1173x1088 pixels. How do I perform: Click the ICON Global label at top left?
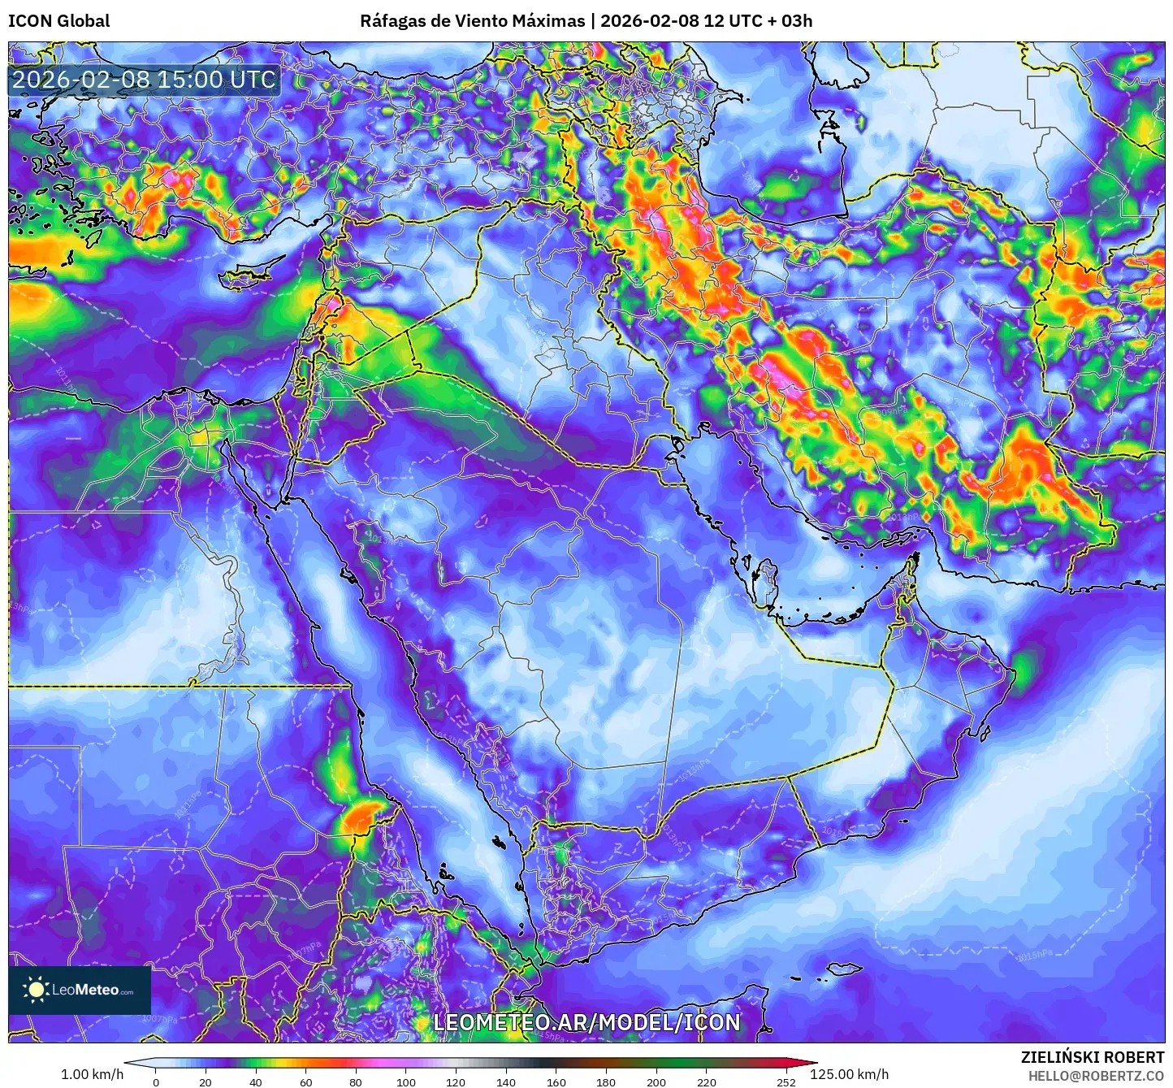coord(58,21)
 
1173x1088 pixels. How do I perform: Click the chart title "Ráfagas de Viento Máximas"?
coord(472,21)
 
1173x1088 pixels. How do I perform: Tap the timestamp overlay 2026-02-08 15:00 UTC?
coord(144,80)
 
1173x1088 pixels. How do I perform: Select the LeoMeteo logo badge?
coord(80,990)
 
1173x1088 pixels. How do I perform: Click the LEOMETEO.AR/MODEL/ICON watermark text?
coord(586,1022)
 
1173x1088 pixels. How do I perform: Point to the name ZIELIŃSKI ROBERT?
coord(1092,1057)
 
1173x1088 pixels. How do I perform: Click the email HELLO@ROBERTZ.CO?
coord(1096,1076)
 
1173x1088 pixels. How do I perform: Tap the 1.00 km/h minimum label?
coord(93,1074)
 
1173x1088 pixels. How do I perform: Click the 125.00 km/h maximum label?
coord(849,1074)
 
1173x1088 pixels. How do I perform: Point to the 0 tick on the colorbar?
coord(156,1082)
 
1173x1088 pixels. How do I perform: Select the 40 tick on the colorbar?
coord(256,1082)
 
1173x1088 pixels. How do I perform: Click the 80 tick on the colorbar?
coord(356,1082)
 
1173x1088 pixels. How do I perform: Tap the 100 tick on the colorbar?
coord(406,1082)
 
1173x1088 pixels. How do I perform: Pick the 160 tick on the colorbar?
coord(556,1082)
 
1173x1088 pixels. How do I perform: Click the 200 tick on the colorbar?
coord(656,1082)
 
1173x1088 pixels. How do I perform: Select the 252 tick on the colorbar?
coord(786,1082)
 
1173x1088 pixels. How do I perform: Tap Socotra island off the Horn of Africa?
coord(845,969)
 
